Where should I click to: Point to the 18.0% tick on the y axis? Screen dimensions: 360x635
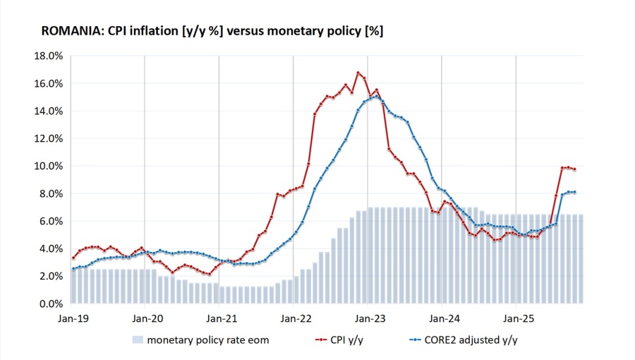coord(49,56)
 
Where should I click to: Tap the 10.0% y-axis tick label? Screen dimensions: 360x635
coord(49,166)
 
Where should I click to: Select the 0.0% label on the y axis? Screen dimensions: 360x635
coord(52,304)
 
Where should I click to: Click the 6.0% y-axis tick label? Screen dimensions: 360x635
coord(52,221)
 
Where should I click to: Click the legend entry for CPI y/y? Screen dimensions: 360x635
coord(348,340)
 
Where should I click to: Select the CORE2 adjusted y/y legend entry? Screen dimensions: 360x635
coord(466,340)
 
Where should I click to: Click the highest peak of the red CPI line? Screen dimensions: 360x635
coord(358,72)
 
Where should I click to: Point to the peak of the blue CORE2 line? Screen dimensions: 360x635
coord(377,96)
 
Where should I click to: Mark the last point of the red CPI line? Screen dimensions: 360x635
coord(574,169)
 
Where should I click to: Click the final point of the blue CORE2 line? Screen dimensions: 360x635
coord(574,192)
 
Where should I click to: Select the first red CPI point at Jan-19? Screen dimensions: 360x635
coord(73,258)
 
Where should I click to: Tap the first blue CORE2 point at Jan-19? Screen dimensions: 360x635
coord(73,269)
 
